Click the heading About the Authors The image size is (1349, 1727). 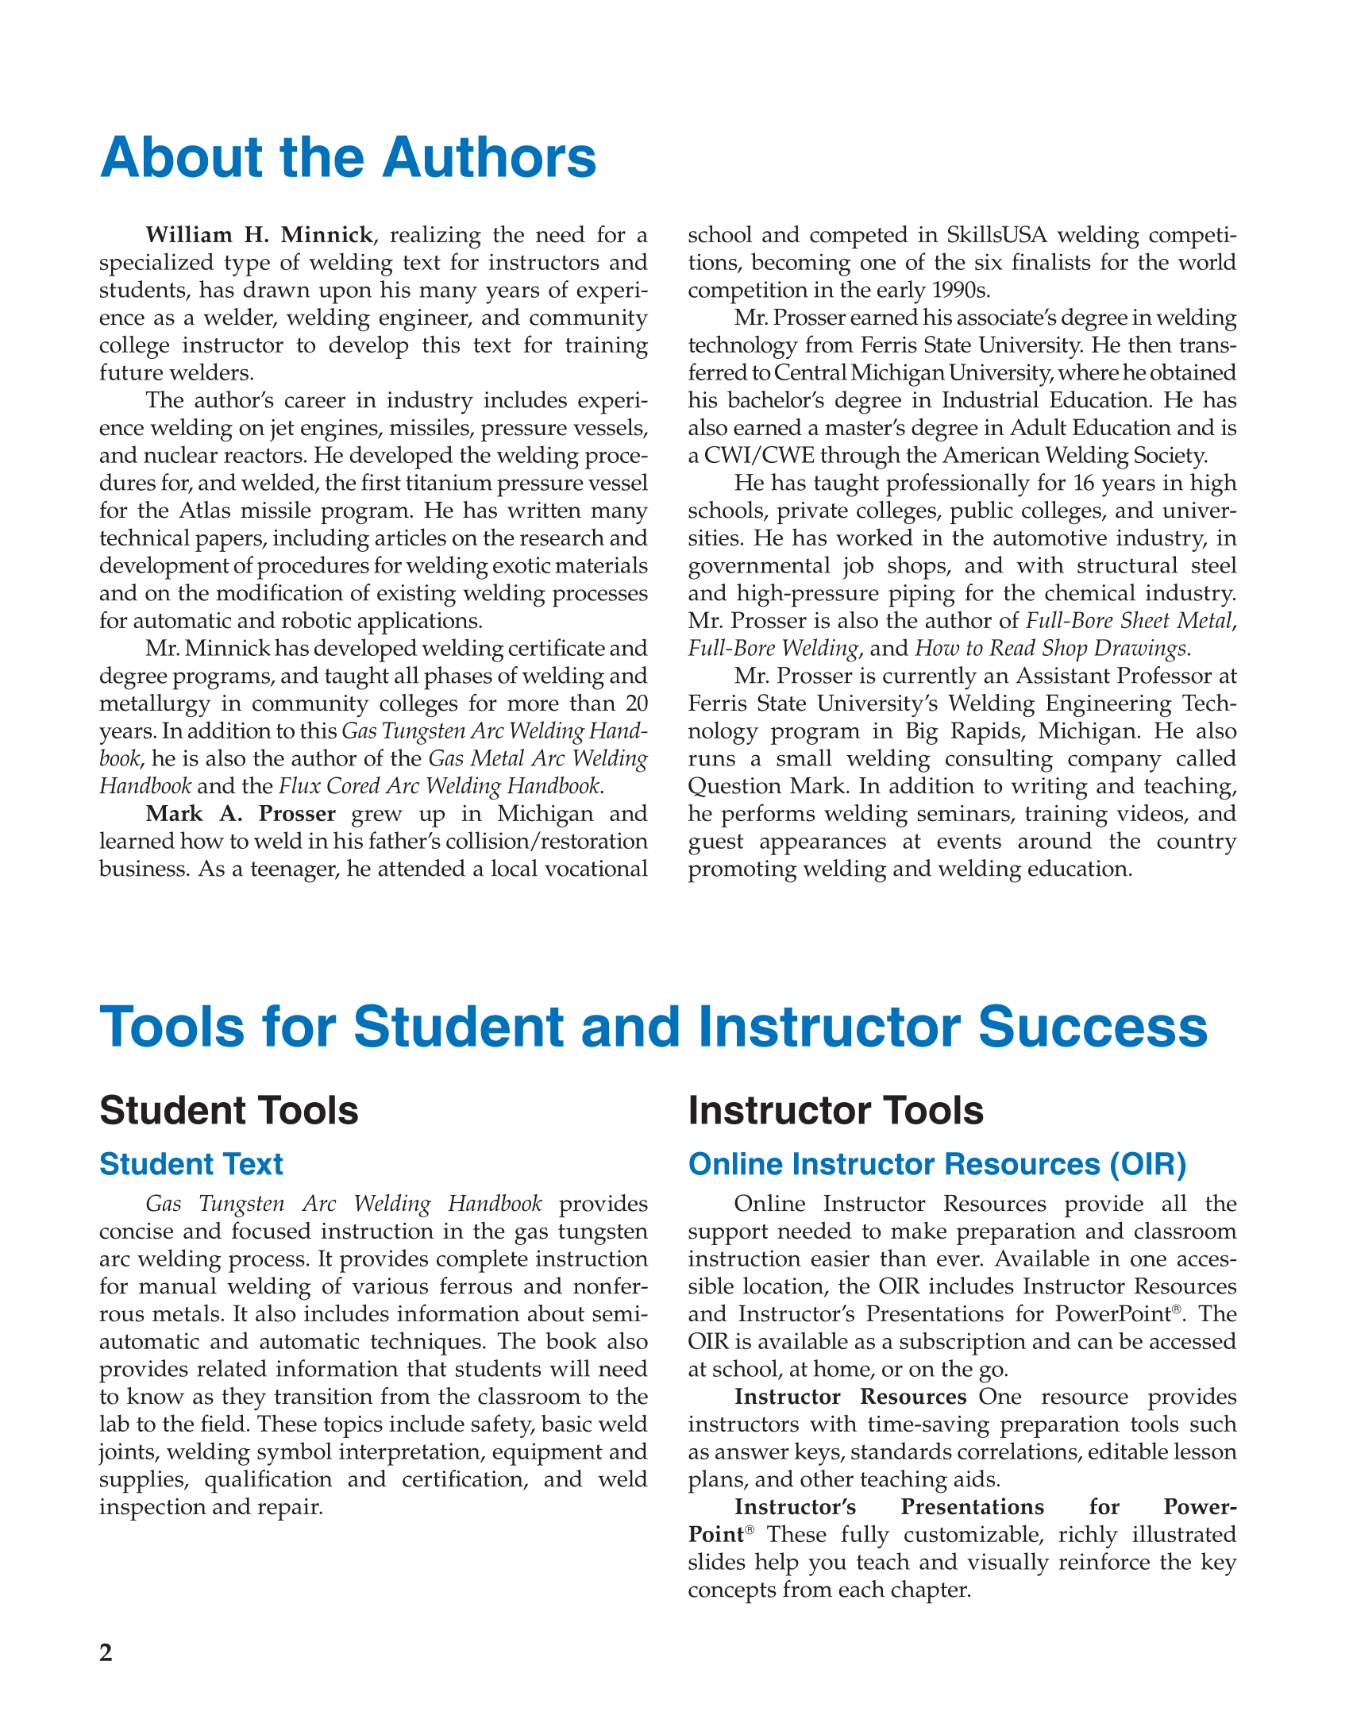(348, 157)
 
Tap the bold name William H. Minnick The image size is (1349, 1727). (259, 235)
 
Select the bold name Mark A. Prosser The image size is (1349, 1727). (241, 814)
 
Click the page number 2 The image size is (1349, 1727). (106, 1652)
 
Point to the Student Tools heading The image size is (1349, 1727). (229, 1110)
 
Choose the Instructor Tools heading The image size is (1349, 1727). (835, 1110)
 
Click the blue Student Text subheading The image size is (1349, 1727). (191, 1164)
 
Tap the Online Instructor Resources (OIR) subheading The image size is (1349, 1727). (937, 1164)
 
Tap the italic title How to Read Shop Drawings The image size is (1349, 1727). (1050, 649)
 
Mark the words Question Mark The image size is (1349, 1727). (746, 786)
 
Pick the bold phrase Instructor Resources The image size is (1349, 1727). (850, 1397)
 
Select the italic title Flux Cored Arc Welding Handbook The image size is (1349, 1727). (440, 786)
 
